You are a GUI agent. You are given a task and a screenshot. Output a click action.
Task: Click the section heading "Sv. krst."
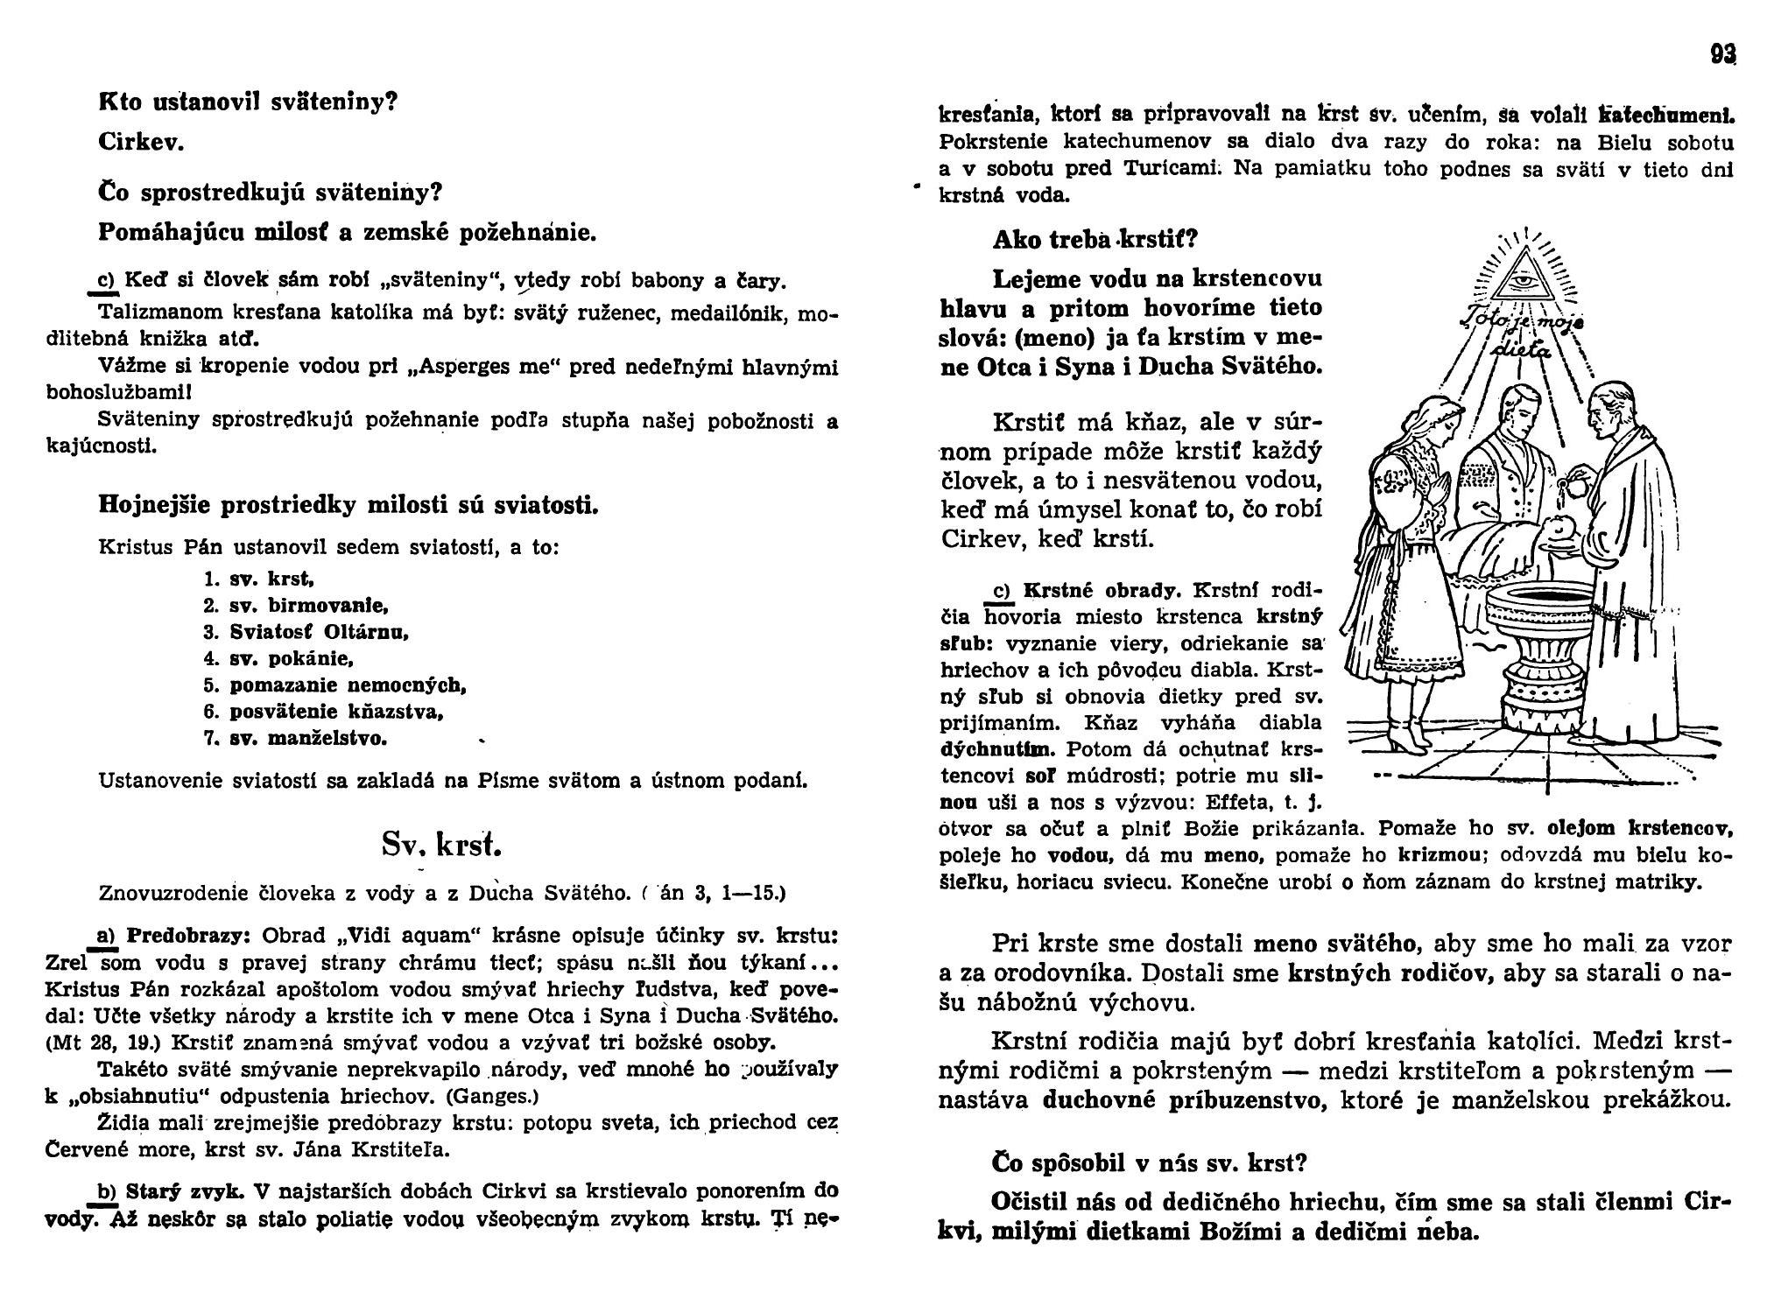(x=441, y=843)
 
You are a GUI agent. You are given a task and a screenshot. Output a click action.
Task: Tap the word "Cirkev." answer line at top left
(x=140, y=143)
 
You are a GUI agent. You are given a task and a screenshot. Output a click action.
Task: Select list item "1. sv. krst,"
(x=258, y=579)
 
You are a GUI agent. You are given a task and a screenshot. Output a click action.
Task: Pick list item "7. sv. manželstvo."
(x=295, y=738)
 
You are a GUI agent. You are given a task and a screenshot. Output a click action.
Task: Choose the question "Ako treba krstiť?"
(x=1095, y=239)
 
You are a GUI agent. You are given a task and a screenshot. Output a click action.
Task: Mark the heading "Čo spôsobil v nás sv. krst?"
(x=1150, y=1162)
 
